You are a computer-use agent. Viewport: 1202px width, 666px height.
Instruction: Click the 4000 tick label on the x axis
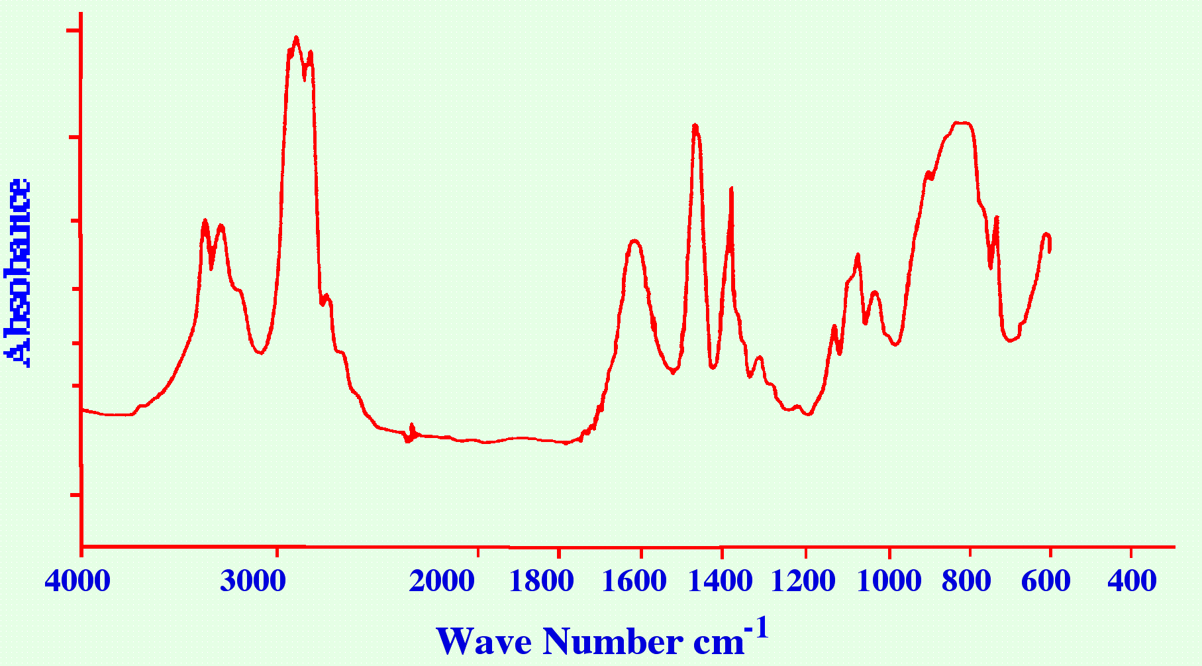[77, 581]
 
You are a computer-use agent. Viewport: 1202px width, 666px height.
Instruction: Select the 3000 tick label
[253, 581]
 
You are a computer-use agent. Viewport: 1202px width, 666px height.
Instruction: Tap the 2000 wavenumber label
[442, 581]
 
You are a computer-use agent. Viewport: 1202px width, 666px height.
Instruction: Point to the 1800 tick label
[541, 581]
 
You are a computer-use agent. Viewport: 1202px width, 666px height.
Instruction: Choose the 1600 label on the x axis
[634, 581]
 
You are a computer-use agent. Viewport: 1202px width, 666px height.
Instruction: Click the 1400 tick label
[720, 581]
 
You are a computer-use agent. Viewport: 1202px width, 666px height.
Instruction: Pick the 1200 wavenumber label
[804, 581]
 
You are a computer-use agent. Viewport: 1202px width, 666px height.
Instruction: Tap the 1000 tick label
[889, 581]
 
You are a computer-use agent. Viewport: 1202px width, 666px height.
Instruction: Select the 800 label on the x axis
[966, 581]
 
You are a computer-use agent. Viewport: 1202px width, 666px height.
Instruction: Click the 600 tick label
[1046, 581]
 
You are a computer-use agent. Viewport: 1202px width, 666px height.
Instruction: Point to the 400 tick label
[1132, 581]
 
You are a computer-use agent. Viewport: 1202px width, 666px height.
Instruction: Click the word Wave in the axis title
[484, 641]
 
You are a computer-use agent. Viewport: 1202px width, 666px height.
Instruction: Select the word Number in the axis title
[613, 641]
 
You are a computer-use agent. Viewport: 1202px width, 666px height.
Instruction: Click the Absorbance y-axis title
[18, 272]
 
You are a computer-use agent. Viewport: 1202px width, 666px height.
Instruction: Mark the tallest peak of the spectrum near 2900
[296, 38]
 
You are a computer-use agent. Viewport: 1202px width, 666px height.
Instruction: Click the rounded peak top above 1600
[634, 241]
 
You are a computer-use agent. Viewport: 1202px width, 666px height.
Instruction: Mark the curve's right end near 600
[1050, 250]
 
